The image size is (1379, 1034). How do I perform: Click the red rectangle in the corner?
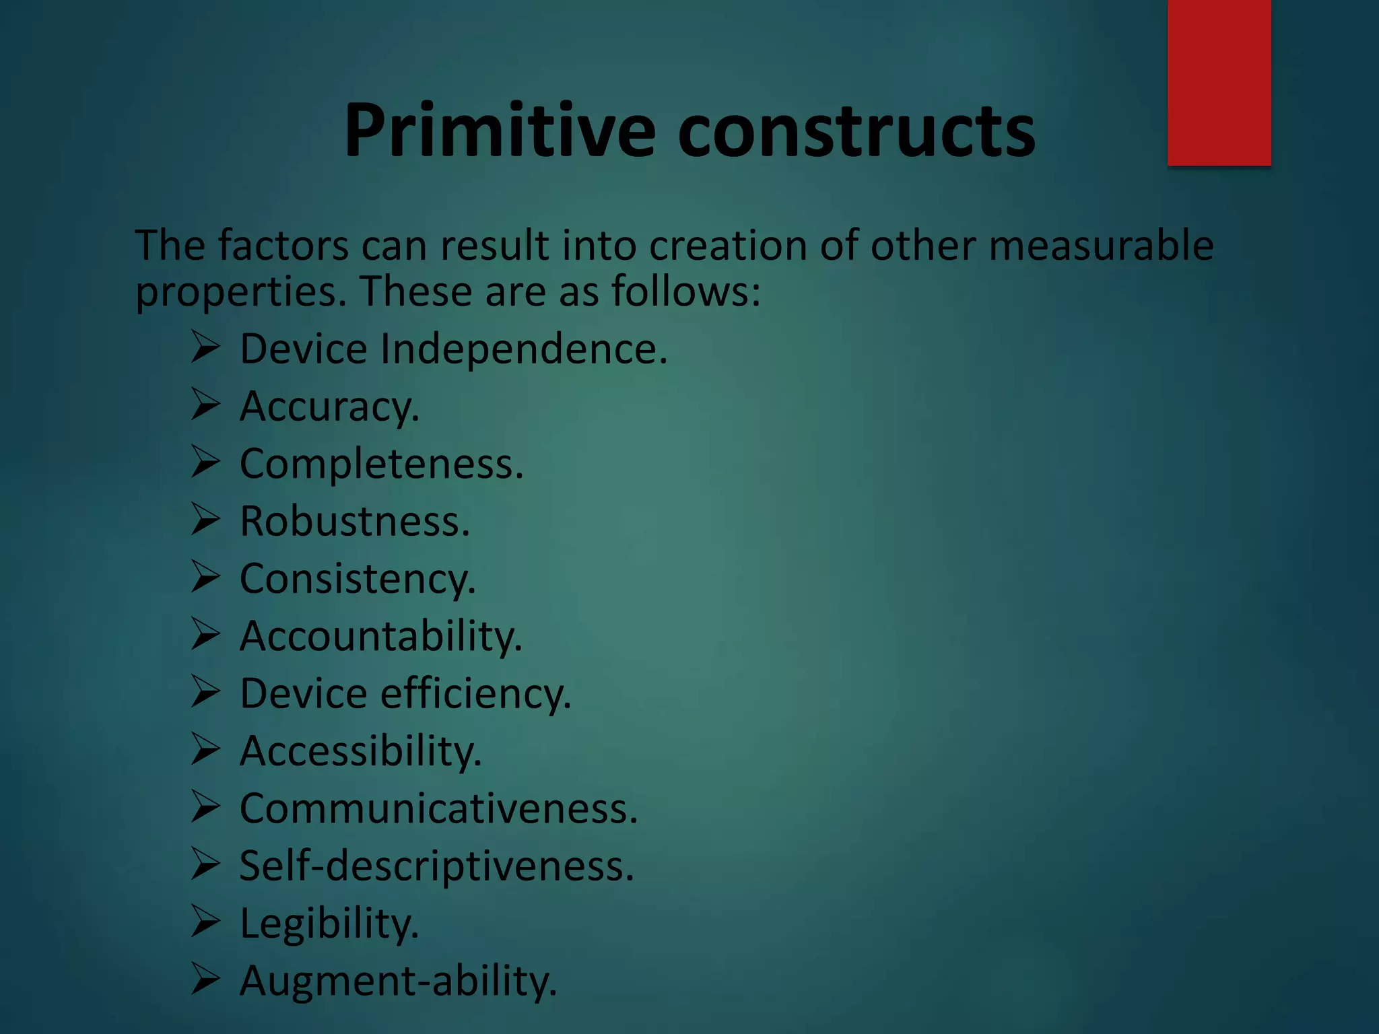coord(1219,82)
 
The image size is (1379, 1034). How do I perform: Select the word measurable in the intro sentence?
coord(1101,245)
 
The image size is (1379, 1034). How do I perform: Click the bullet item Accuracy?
coord(329,407)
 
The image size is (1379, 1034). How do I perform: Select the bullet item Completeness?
coord(381,464)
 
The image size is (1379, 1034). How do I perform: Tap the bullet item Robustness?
coord(355,522)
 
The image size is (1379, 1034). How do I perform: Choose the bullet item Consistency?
coord(358,579)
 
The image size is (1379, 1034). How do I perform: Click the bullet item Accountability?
coord(381,636)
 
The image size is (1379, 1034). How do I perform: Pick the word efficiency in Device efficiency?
coord(475,694)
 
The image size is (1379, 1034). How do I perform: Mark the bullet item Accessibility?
coord(361,751)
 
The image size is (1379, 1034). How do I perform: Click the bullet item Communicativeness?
coord(438,808)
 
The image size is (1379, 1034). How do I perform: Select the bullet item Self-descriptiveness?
coord(436,866)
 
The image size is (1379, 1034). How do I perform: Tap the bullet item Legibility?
coord(329,923)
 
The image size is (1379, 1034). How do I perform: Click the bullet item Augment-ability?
coord(398,981)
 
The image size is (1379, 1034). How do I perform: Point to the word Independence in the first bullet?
coord(523,349)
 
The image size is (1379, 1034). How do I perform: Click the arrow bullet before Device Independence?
coord(205,347)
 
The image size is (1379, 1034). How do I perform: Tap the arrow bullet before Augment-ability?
coord(205,979)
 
